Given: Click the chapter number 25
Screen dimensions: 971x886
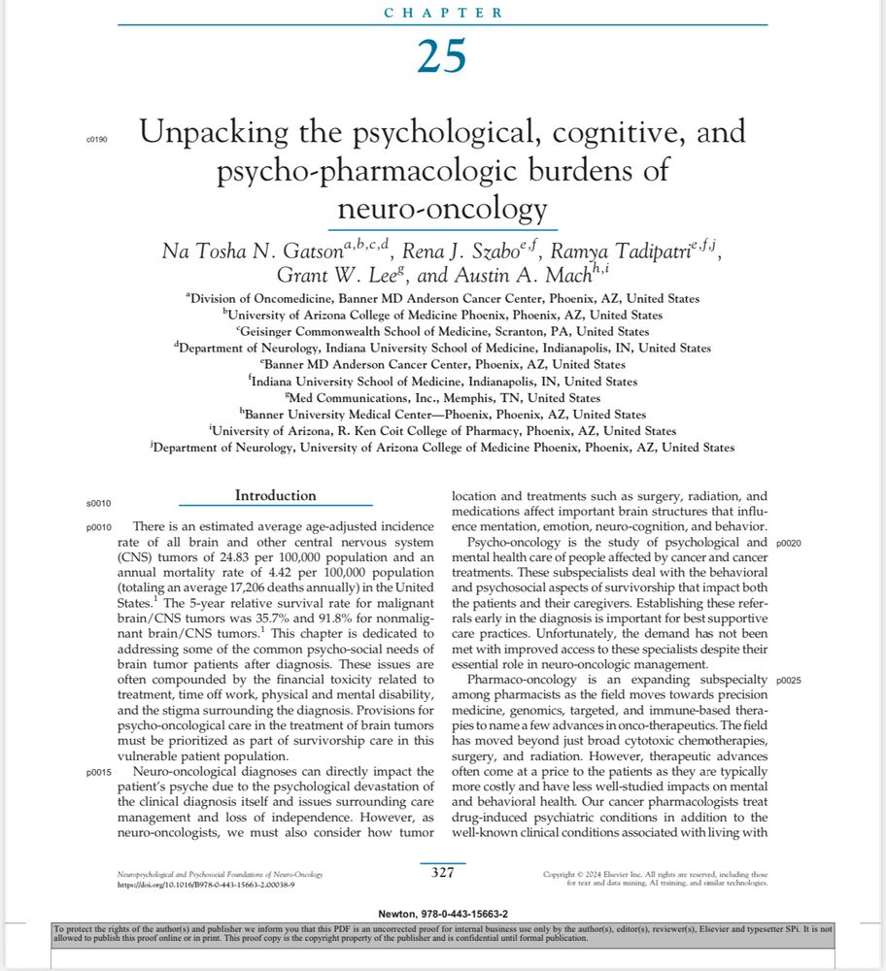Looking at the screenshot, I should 442,57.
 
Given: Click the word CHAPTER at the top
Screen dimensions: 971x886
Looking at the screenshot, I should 443,13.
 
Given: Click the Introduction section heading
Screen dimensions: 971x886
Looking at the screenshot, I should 275,496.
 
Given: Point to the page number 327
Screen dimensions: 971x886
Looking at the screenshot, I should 442,872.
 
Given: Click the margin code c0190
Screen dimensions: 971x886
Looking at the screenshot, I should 97,140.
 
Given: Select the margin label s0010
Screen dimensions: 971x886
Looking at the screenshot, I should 98,504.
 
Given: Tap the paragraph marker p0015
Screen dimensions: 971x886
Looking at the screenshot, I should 98,772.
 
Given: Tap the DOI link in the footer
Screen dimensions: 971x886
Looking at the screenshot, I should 205,886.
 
